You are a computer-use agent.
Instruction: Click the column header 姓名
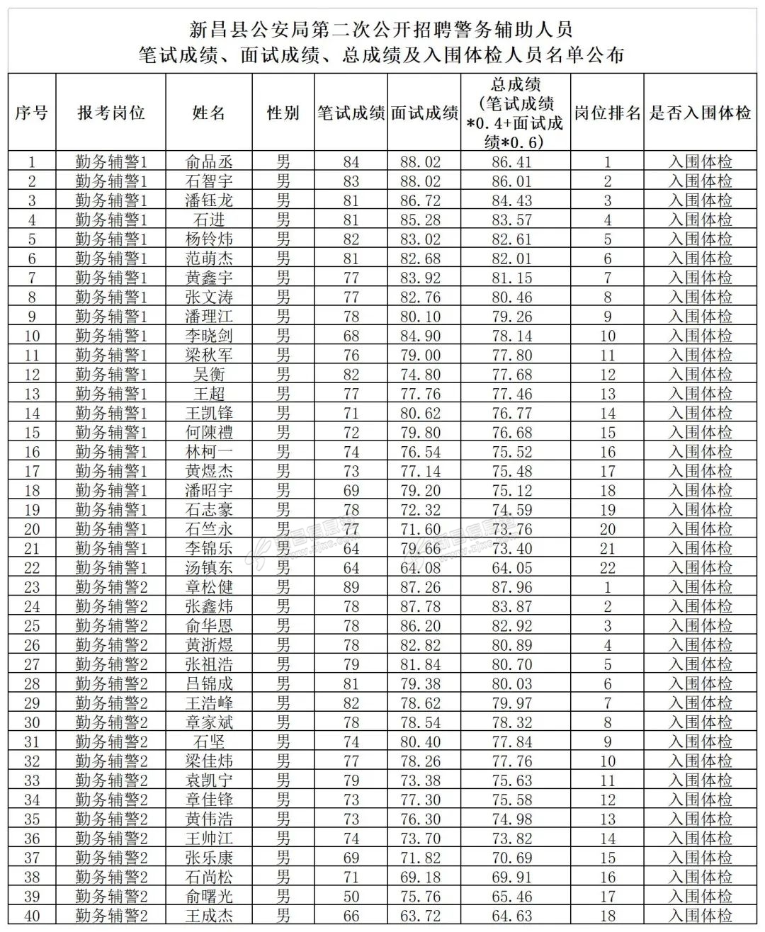pyautogui.click(x=209, y=113)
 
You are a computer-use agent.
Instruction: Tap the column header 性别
pyautogui.click(x=283, y=113)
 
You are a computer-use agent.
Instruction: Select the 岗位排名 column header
pyautogui.click(x=607, y=113)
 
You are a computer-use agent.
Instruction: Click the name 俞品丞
pyautogui.click(x=209, y=161)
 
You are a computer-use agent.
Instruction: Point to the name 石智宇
pyautogui.click(x=209, y=181)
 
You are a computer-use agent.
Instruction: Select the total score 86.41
pyautogui.click(x=512, y=161)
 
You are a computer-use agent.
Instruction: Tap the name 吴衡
pyautogui.click(x=209, y=375)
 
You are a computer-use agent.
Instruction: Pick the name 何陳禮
pyautogui.click(x=209, y=433)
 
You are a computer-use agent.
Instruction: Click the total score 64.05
pyautogui.click(x=512, y=568)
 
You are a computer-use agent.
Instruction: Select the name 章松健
pyautogui.click(x=209, y=587)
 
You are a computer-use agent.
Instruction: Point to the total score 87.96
pyautogui.click(x=512, y=587)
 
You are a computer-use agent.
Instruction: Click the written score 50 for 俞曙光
pyautogui.click(x=351, y=897)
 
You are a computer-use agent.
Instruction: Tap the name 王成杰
pyautogui.click(x=209, y=916)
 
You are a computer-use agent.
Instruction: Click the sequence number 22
pyautogui.click(x=32, y=568)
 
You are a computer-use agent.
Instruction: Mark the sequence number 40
pyautogui.click(x=32, y=916)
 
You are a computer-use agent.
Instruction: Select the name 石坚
pyautogui.click(x=209, y=742)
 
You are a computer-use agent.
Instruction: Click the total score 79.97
pyautogui.click(x=512, y=703)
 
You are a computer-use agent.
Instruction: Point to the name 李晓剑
pyautogui.click(x=209, y=336)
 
